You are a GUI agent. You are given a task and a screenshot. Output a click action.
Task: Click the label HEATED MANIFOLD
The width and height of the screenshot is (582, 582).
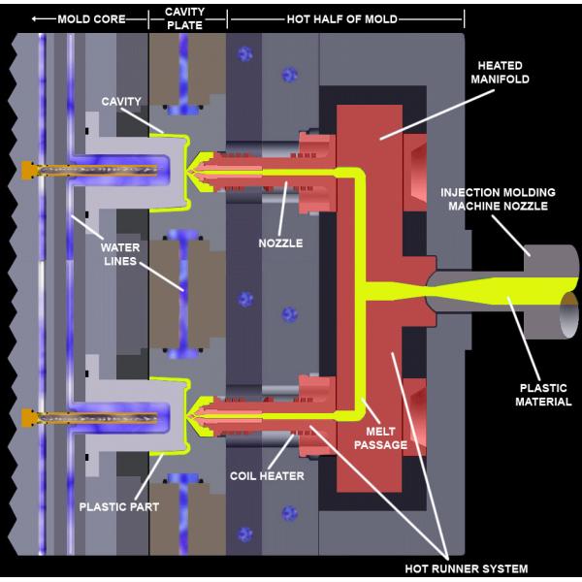pyautogui.click(x=500, y=73)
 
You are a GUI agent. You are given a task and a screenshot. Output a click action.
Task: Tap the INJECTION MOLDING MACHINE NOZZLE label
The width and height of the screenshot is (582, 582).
pyautogui.click(x=498, y=199)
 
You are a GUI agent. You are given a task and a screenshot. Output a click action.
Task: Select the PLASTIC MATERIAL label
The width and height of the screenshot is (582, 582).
pyautogui.click(x=543, y=395)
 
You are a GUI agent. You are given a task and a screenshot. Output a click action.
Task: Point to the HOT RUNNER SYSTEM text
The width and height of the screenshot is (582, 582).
pyautogui.click(x=467, y=568)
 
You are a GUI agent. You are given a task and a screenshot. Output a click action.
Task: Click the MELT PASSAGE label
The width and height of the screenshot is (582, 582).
pyautogui.click(x=380, y=438)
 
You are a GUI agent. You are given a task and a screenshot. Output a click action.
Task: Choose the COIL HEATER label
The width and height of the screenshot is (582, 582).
pyautogui.click(x=267, y=476)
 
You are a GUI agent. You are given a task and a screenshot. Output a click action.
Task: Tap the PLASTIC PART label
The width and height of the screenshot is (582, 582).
pyautogui.click(x=119, y=506)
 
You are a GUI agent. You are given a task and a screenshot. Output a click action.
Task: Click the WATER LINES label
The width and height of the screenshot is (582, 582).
pyautogui.click(x=120, y=254)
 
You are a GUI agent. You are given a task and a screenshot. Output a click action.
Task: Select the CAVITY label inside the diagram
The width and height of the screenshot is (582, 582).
pyautogui.click(x=121, y=101)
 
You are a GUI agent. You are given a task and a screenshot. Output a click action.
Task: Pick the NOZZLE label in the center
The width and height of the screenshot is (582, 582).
pyautogui.click(x=280, y=243)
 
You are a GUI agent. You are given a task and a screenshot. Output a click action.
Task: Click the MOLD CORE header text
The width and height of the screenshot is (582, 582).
pyautogui.click(x=92, y=19)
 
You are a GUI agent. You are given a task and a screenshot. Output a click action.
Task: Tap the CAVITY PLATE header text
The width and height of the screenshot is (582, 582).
pyautogui.click(x=185, y=18)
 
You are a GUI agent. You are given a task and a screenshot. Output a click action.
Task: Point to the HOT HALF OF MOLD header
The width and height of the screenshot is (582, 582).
pyautogui.click(x=342, y=19)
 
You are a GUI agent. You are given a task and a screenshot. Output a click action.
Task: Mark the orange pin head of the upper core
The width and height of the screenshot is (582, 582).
pyautogui.click(x=28, y=171)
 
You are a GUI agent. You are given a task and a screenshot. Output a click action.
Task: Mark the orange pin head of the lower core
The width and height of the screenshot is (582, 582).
pyautogui.click(x=28, y=417)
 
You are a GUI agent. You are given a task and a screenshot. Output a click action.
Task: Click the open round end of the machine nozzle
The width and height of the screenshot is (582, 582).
pyautogui.click(x=569, y=315)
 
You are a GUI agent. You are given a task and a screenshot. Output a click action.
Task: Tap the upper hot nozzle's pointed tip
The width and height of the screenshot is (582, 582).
pyautogui.click(x=189, y=173)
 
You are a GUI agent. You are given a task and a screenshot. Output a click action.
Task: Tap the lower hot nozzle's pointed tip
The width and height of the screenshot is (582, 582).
pyautogui.click(x=189, y=416)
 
